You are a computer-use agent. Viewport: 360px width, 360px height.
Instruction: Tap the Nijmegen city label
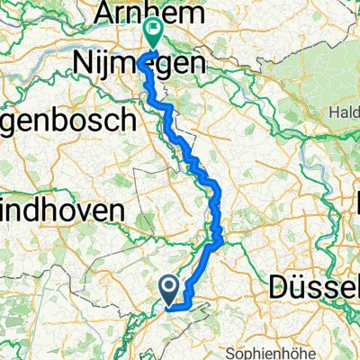(x=138, y=63)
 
